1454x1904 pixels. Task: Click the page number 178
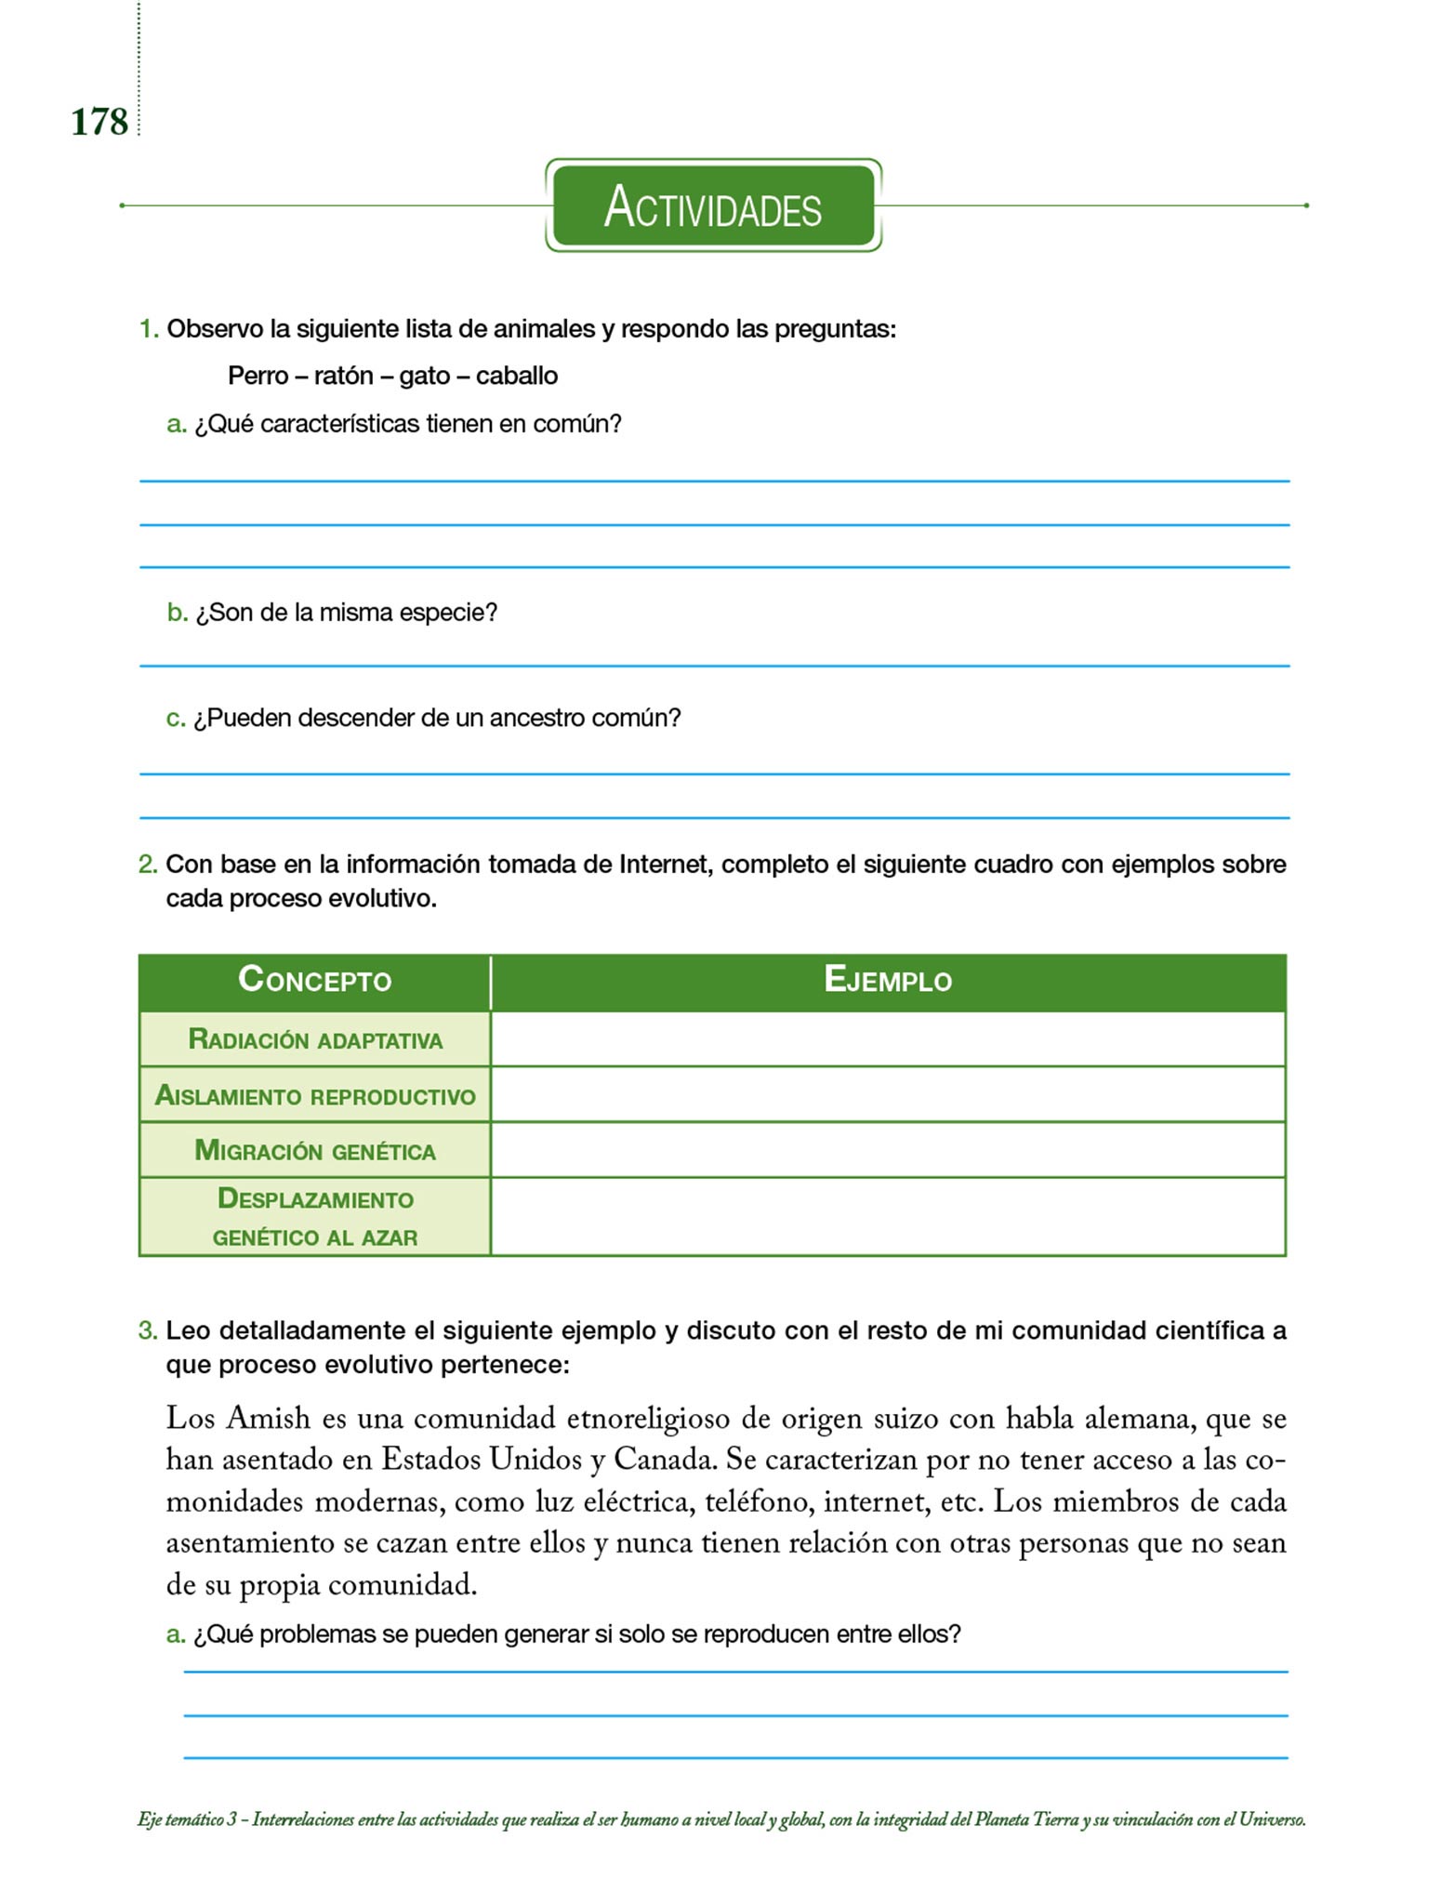click(99, 122)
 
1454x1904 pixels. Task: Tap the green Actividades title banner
click(713, 205)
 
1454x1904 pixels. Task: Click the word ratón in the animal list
click(343, 376)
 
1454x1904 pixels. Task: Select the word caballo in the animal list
click(517, 376)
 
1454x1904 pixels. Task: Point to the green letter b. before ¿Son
click(177, 613)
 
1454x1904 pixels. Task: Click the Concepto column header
click(314, 981)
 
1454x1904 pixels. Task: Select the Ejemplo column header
click(888, 981)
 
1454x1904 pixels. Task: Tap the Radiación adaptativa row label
click(315, 1039)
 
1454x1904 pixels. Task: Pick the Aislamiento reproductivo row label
click(315, 1096)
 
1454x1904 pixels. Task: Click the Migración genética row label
click(315, 1151)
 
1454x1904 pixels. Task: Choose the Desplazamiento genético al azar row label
click(315, 1217)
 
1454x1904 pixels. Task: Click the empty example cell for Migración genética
click(888, 1151)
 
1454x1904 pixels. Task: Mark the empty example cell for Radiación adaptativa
click(888, 1039)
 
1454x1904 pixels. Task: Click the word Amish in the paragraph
click(269, 1419)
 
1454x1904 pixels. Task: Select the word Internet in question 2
click(666, 865)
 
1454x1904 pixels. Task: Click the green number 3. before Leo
click(148, 1330)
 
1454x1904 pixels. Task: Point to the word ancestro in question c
click(536, 718)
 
